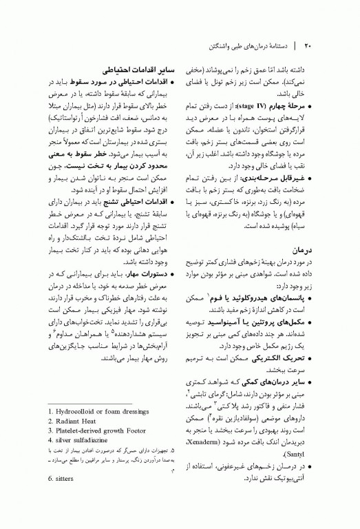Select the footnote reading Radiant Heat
click(77, 422)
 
